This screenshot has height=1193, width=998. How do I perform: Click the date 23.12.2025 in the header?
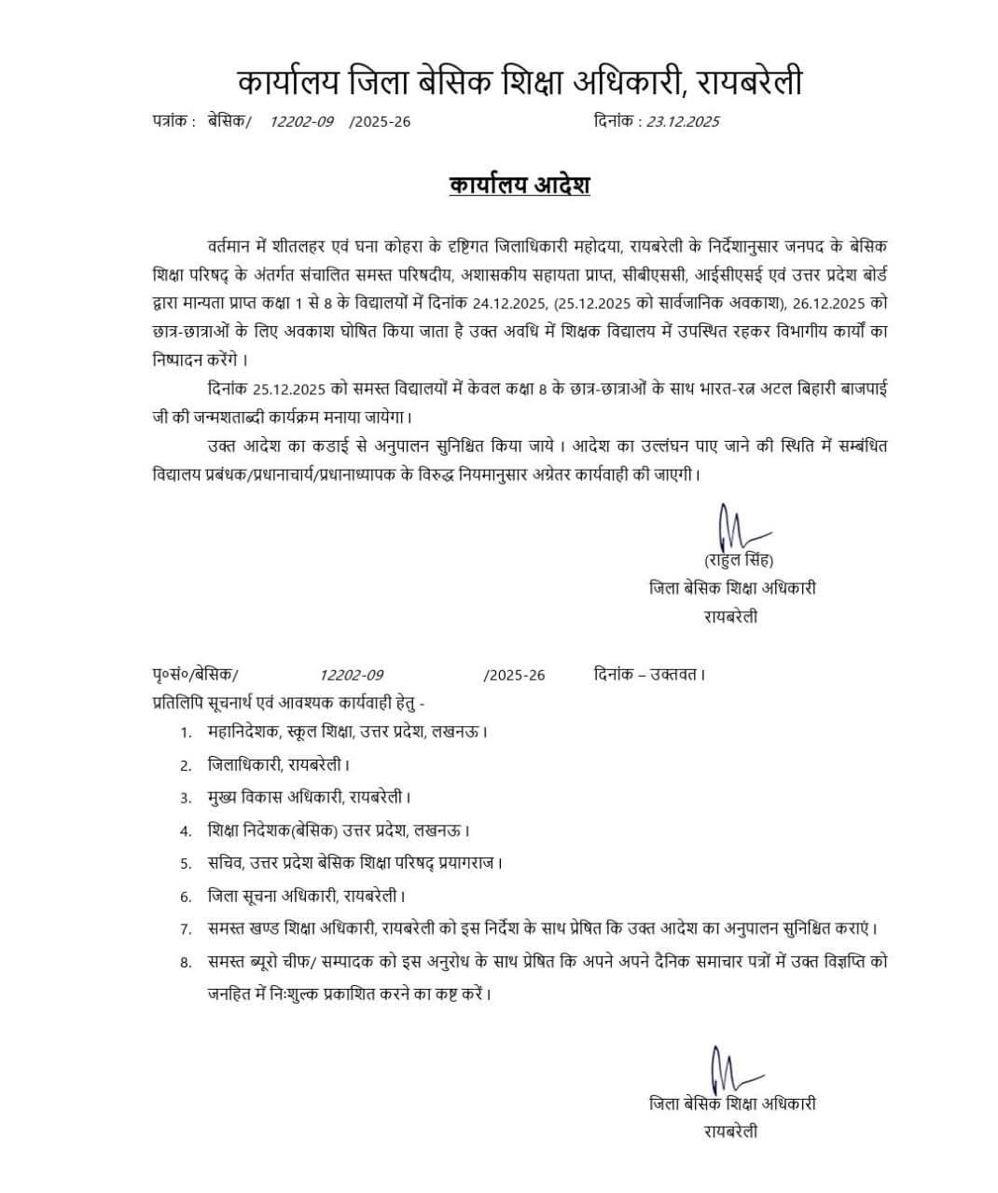[x=683, y=121]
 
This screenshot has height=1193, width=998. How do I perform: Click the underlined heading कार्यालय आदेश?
[x=519, y=185]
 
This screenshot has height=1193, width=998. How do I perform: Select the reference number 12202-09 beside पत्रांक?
[x=301, y=121]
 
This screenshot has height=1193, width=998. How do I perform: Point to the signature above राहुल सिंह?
[x=731, y=528]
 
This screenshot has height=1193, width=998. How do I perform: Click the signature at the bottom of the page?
[x=726, y=1069]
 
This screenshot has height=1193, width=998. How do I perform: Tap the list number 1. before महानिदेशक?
[x=187, y=733]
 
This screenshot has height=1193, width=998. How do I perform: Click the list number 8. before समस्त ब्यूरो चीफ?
[x=187, y=962]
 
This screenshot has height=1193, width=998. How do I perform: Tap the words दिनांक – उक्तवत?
[x=649, y=674]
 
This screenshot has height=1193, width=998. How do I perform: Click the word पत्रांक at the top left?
[x=171, y=121]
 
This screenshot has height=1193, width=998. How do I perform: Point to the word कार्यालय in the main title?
[x=285, y=82]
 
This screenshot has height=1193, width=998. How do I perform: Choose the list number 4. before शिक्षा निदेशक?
[x=187, y=830]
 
